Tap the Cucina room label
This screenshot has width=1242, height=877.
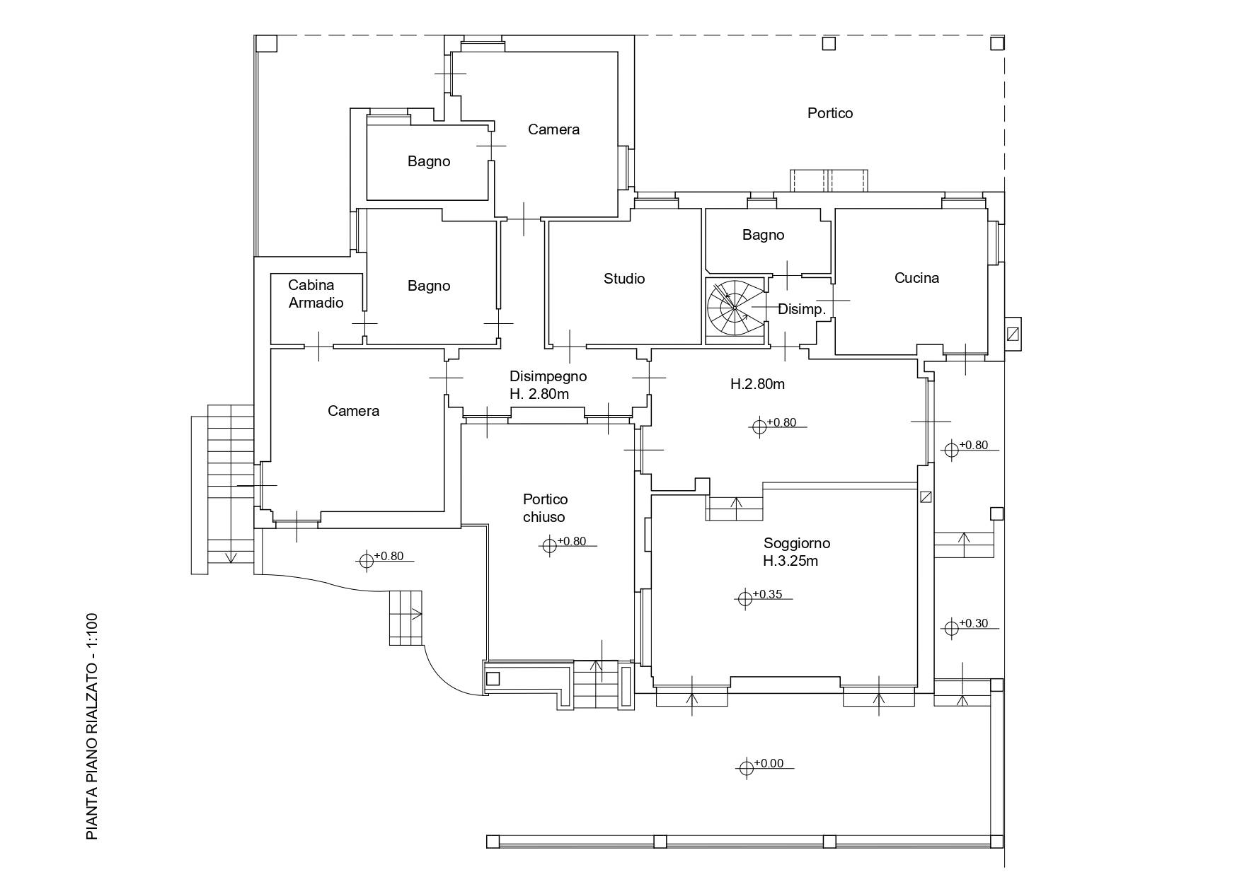(916, 278)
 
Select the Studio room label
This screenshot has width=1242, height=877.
(624, 279)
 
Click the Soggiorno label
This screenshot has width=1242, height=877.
(797, 543)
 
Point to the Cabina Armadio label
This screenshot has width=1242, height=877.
(316, 294)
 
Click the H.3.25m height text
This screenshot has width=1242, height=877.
(790, 562)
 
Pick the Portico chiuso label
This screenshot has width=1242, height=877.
(544, 508)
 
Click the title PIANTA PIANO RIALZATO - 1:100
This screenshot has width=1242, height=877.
(92, 726)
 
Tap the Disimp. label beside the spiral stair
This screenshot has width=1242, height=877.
(802, 309)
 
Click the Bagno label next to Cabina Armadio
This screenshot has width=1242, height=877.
(429, 286)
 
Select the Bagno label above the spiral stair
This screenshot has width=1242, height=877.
(763, 235)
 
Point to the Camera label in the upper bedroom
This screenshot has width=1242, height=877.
(553, 129)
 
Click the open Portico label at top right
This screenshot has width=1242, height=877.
(830, 113)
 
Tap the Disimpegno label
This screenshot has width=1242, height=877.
(548, 376)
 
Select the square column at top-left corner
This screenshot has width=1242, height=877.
(266, 43)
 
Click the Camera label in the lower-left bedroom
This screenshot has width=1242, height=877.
(353, 411)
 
